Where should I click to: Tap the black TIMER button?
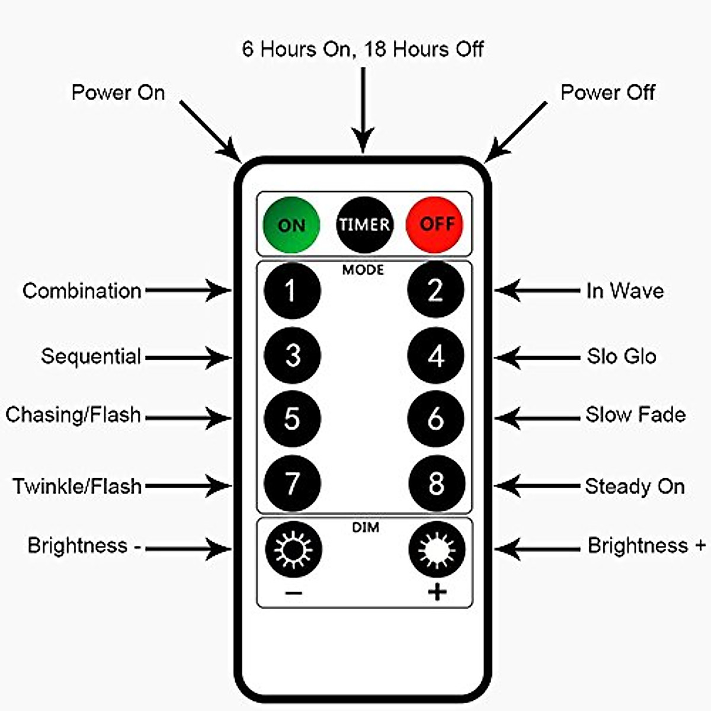coord(364,225)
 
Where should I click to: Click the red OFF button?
coord(435,225)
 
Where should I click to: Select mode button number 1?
coord(292,291)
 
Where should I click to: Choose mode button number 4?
coord(436,355)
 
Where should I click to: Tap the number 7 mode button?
coord(292,484)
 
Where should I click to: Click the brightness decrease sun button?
coord(293,549)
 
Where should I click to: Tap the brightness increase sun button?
coord(437,549)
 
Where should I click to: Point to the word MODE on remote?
coord(363,270)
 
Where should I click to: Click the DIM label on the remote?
coord(365,527)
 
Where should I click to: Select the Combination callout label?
coord(82,291)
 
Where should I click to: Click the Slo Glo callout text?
coord(622,356)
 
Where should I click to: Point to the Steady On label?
coord(635,486)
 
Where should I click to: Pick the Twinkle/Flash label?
coord(77,486)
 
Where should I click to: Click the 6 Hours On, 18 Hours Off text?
coord(363,49)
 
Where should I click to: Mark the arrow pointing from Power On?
coord(210,130)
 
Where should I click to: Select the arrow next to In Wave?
coord(537,290)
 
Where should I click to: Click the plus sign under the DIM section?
coord(437,592)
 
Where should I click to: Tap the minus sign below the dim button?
coord(293,592)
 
